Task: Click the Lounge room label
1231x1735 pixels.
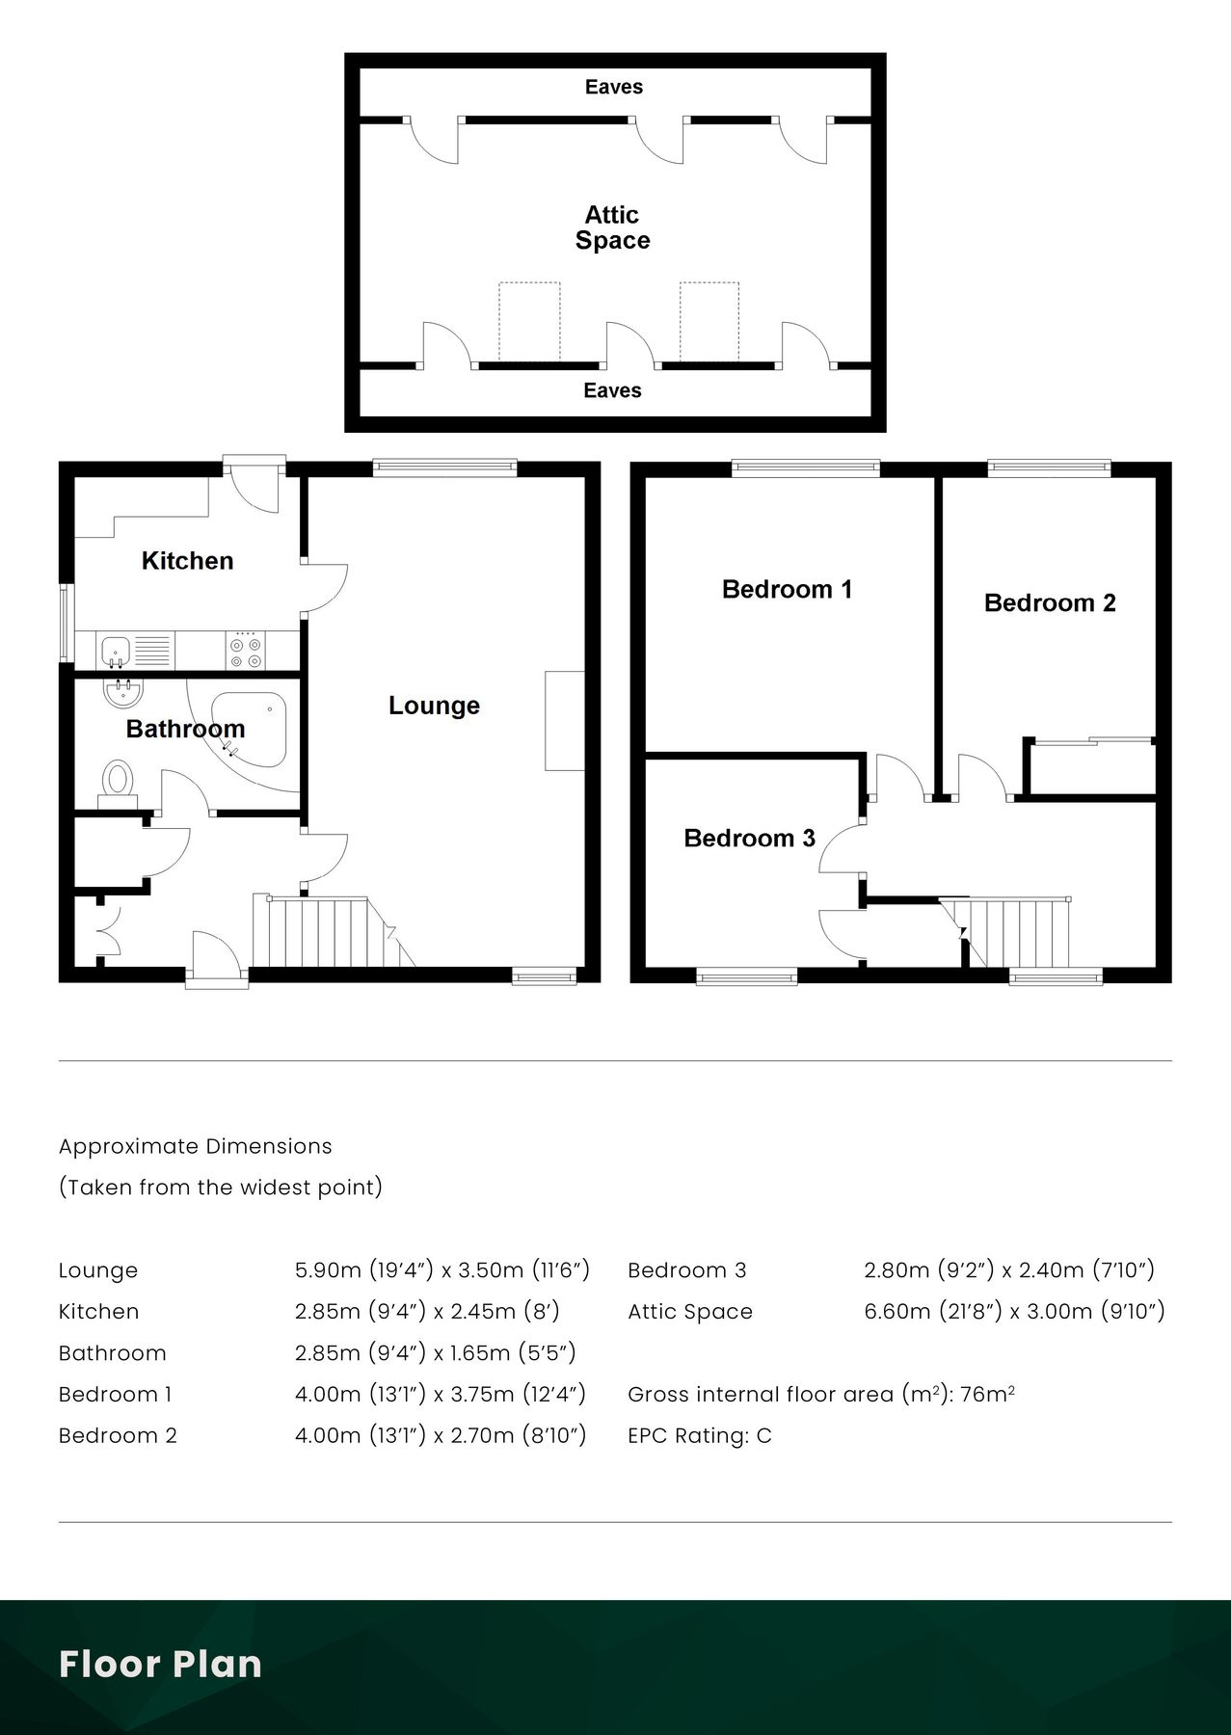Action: coord(434,706)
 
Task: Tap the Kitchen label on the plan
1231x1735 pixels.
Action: coord(187,561)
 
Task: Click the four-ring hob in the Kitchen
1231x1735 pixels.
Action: coord(245,651)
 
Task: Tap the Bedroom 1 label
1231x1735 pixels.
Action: coord(787,589)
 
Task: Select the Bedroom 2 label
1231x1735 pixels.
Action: coord(1049,603)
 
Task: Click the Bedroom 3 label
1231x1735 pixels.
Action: coord(749,839)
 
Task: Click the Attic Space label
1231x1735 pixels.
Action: coord(612,227)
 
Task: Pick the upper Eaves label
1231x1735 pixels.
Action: coord(613,87)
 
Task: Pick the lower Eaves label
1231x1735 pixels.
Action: coord(612,390)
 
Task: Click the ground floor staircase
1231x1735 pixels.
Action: coord(328,931)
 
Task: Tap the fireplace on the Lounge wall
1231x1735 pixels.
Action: coord(564,720)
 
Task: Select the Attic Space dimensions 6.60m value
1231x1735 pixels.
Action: coord(896,1312)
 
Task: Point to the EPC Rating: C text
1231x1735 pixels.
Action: coord(699,1436)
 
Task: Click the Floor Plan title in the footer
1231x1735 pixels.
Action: coord(160,1665)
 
